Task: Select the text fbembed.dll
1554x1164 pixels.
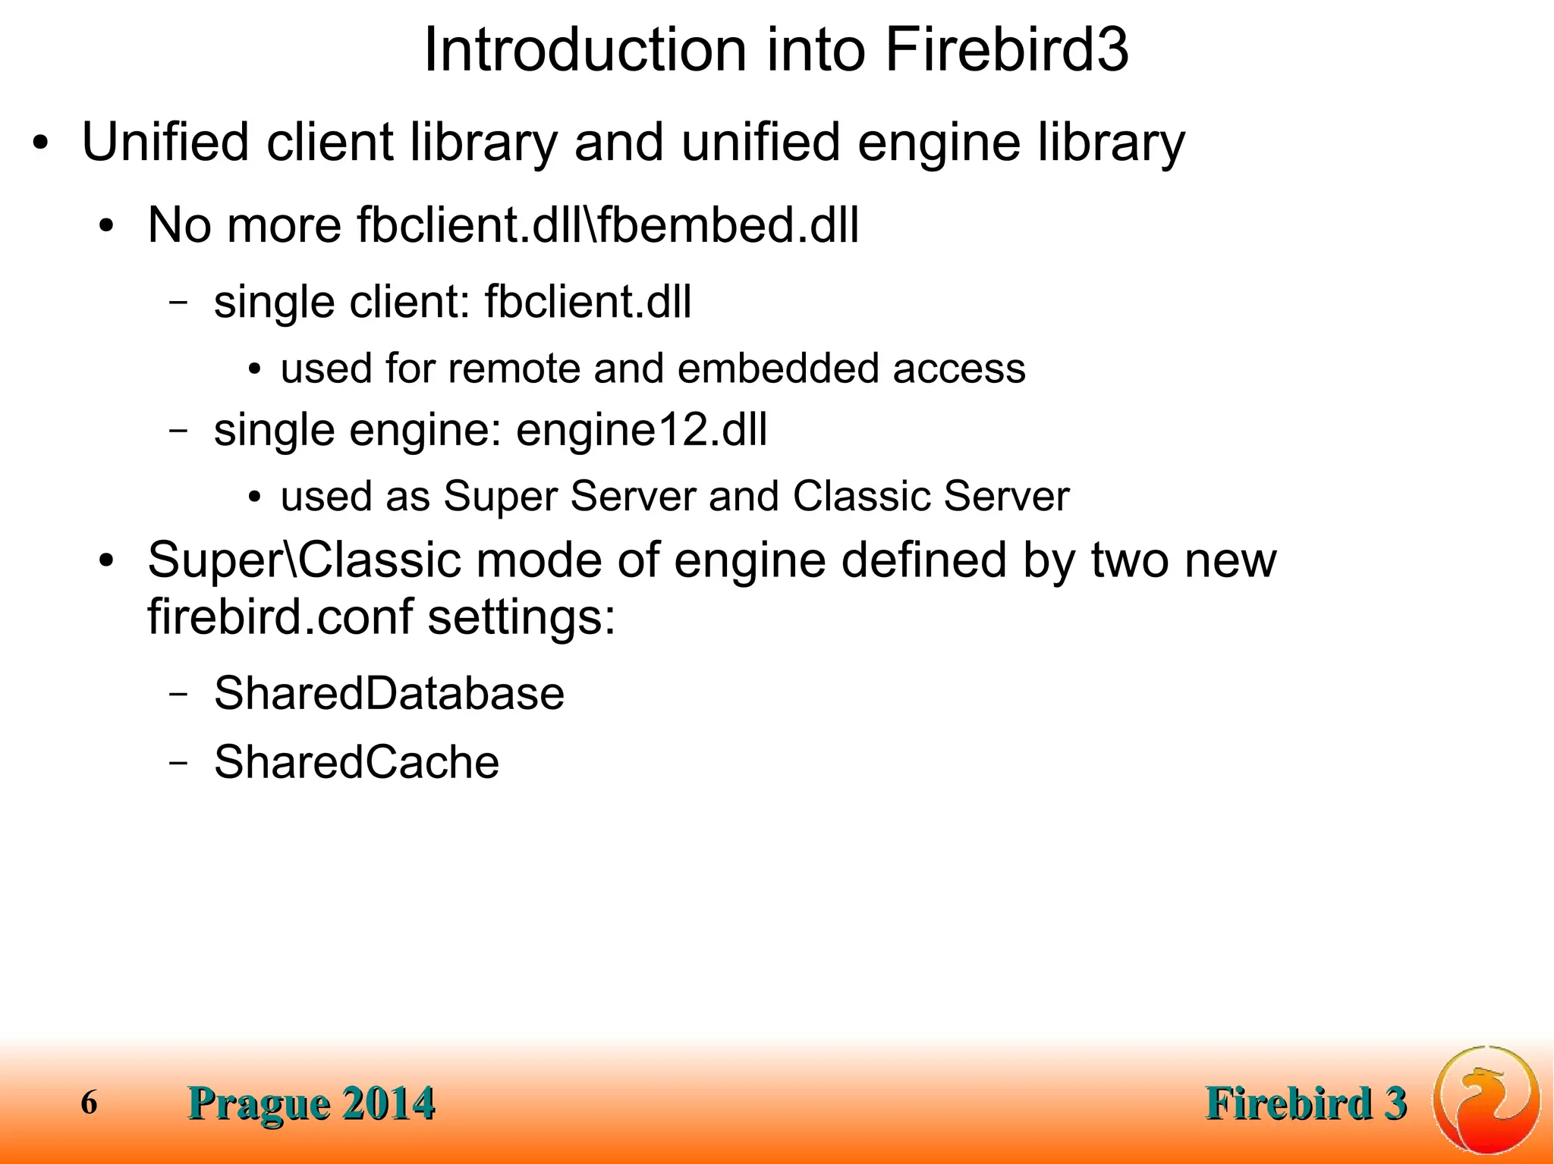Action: (728, 226)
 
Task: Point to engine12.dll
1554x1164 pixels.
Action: (641, 431)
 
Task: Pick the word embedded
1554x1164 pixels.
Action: (777, 369)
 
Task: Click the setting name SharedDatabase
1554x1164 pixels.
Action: (388, 694)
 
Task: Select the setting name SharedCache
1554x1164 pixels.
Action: (356, 762)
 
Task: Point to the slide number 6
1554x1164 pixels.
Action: (89, 1103)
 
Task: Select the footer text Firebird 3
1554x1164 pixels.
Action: (1306, 1103)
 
